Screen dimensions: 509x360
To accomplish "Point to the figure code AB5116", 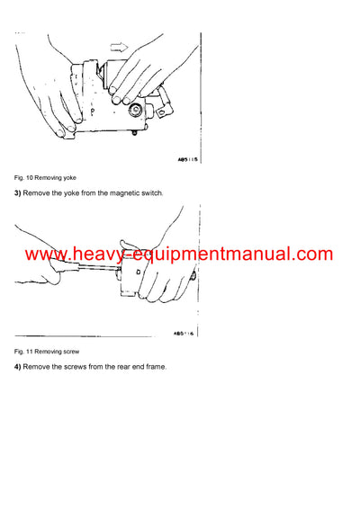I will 184,332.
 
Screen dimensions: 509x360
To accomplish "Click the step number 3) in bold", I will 17,194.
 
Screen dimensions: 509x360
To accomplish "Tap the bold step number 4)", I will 17,366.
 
